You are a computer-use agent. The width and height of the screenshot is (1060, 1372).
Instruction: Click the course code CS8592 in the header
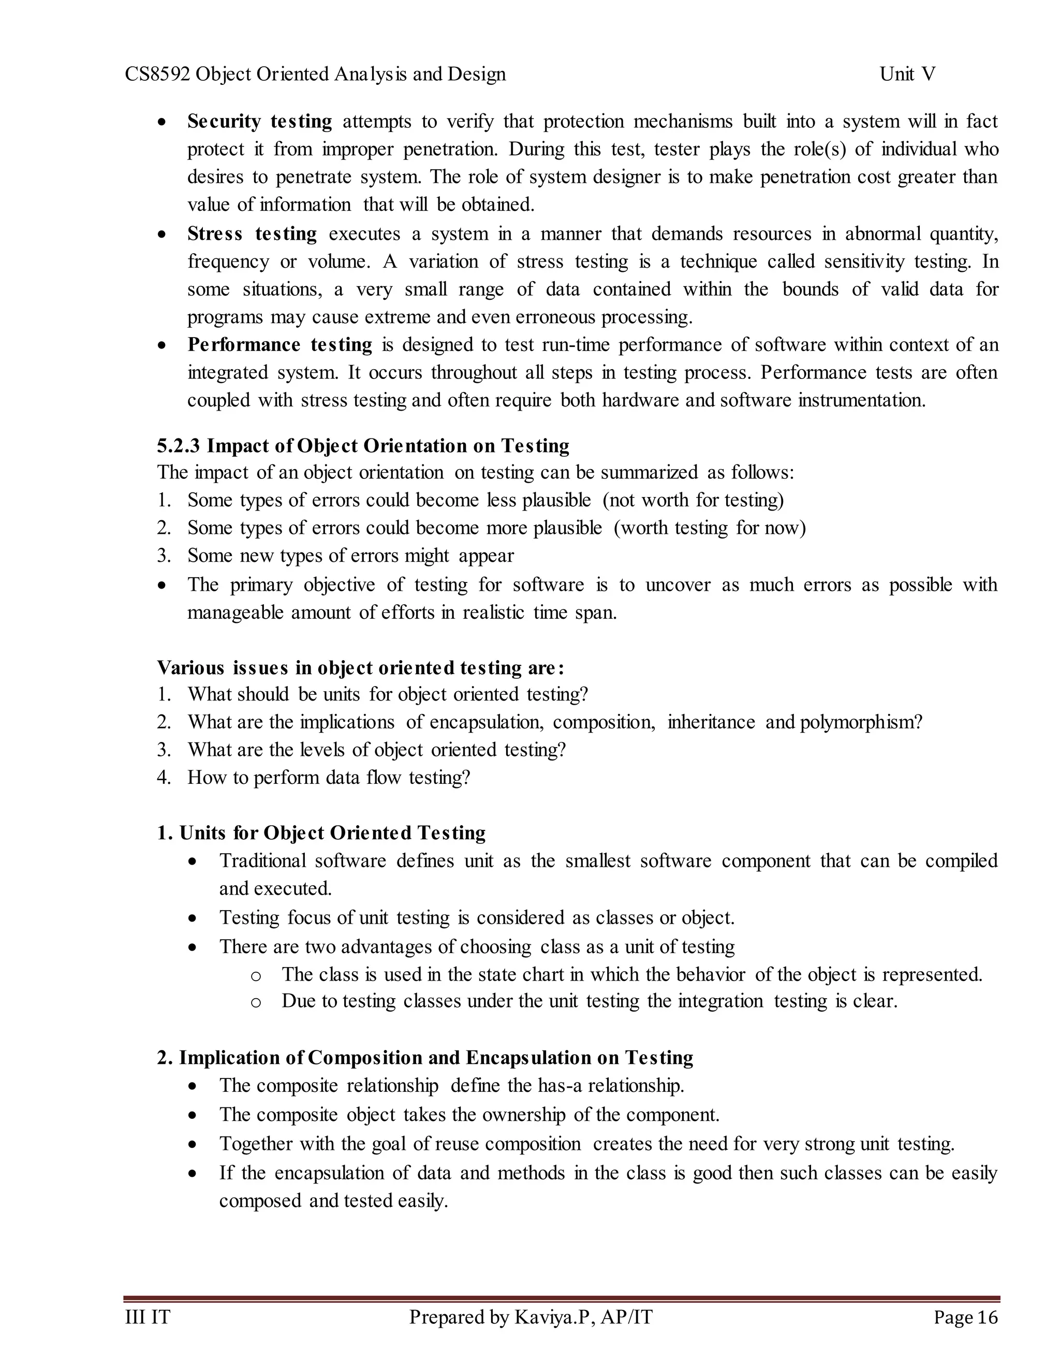pos(158,74)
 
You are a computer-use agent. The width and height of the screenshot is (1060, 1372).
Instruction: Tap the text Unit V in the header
pos(907,74)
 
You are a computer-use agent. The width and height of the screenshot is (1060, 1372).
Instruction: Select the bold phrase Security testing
pos(259,121)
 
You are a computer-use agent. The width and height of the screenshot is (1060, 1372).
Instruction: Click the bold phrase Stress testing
pos(252,233)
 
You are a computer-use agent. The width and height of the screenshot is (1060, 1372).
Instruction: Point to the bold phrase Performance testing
pos(279,345)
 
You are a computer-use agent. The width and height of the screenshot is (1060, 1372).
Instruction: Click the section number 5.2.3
pos(179,446)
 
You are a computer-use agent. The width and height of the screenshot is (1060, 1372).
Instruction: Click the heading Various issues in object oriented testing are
pos(360,668)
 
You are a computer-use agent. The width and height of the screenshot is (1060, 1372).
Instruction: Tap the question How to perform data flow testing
pos(329,778)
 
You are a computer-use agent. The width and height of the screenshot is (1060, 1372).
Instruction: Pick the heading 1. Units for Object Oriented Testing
pos(321,833)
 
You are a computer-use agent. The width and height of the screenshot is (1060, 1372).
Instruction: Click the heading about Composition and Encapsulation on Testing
pos(425,1058)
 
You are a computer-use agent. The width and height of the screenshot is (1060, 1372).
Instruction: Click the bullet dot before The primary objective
pos(163,586)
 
